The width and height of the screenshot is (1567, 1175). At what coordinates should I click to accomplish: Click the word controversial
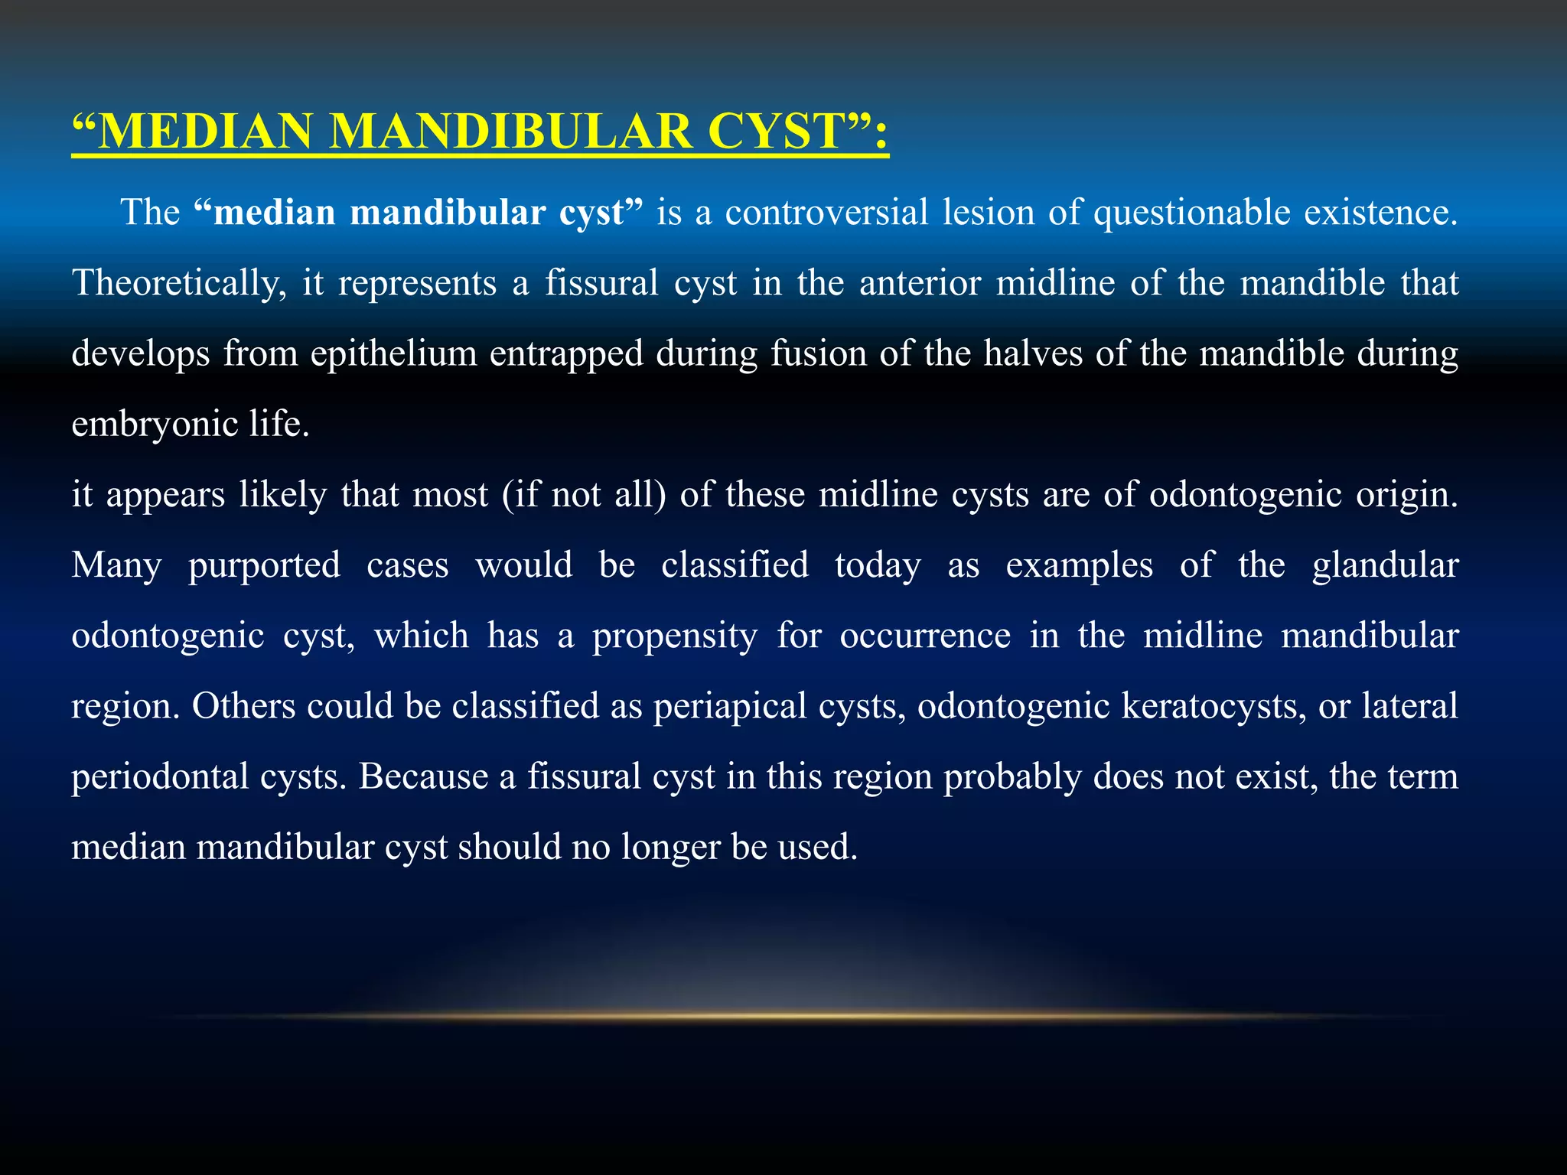click(x=826, y=212)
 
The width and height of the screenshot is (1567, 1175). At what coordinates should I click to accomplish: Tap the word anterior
click(x=920, y=283)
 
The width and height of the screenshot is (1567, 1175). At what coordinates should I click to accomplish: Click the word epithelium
click(x=393, y=353)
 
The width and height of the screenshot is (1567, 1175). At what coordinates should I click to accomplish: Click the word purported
click(x=264, y=565)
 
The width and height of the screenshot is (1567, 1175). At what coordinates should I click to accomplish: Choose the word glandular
click(x=1385, y=565)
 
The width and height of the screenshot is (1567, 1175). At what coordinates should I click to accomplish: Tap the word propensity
click(x=675, y=636)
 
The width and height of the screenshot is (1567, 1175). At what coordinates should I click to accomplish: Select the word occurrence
click(x=925, y=636)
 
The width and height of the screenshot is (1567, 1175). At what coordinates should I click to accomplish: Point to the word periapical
click(x=729, y=706)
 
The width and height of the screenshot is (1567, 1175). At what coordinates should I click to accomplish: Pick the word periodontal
click(x=158, y=777)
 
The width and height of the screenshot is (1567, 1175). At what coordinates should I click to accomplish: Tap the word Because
click(x=423, y=777)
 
